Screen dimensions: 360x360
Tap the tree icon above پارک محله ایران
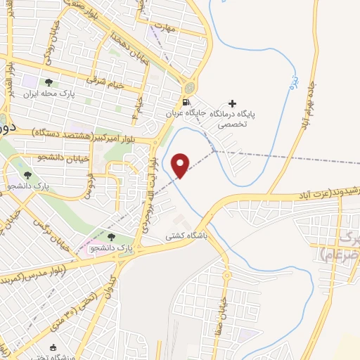pos(49,83)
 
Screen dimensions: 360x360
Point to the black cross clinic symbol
pos(233,103)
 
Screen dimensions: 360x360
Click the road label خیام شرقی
pos(105,81)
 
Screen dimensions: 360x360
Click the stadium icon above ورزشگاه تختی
pos(53,347)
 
